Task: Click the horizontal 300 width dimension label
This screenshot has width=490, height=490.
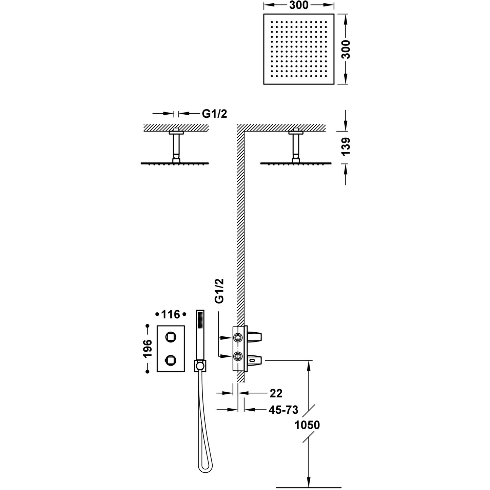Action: [299, 5]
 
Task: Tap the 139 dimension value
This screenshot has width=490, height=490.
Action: [346, 146]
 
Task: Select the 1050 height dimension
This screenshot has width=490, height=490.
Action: [307, 425]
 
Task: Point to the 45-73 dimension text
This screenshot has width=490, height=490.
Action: [283, 410]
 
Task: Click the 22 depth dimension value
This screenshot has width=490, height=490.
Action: [276, 393]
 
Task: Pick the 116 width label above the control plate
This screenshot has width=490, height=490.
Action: [170, 315]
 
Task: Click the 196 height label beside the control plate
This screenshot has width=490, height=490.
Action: [148, 349]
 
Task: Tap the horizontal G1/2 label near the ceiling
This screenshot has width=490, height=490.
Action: [214, 114]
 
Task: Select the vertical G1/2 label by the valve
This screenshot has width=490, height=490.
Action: [219, 291]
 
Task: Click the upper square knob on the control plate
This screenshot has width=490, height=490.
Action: [171, 337]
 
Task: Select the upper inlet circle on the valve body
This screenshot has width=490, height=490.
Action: [238, 337]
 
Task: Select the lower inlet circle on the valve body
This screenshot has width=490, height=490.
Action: [238, 356]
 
